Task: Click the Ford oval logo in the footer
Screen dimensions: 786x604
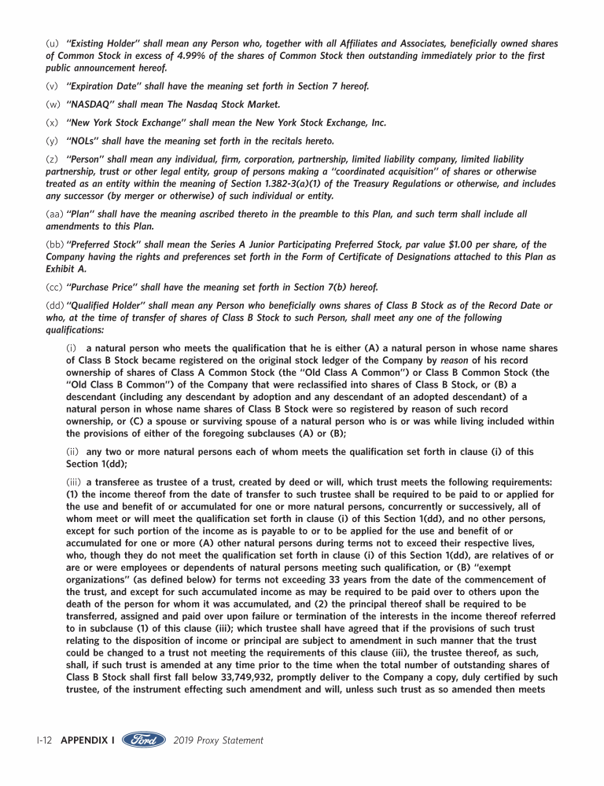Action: (143, 740)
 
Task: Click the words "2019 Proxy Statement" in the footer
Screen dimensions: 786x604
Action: (218, 740)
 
